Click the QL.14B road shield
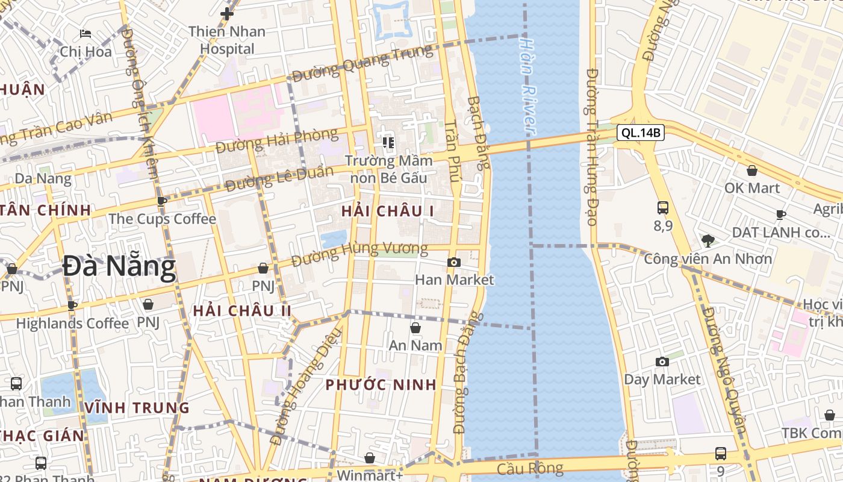click(640, 133)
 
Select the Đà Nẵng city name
click(119, 267)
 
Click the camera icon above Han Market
click(454, 262)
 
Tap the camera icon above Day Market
click(662, 361)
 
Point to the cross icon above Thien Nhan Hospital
click(227, 13)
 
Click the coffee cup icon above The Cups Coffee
click(161, 201)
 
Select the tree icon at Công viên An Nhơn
click(708, 241)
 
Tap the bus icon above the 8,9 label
click(663, 208)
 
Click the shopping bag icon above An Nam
click(415, 328)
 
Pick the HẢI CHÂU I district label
click(387, 211)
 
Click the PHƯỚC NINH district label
click(381, 385)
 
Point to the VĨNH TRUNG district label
click(137, 408)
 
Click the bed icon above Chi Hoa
click(86, 34)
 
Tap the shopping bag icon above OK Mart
click(751, 171)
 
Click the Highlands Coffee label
click(72, 324)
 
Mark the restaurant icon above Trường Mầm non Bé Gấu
click(388, 143)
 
